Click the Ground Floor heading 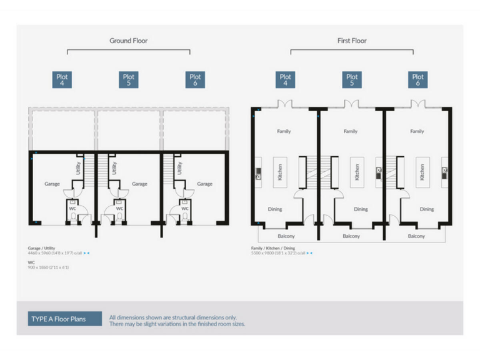pos(129,41)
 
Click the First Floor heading pos(351,41)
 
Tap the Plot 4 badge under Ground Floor pos(62,79)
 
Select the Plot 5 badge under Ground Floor pos(129,79)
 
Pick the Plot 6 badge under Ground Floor pos(195,79)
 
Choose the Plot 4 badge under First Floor pos(285,79)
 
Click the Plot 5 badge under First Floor pos(352,79)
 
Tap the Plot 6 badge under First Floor pos(417,79)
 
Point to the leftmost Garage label pos(52,184)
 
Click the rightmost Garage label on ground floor pos(204,184)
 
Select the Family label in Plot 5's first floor pos(351,132)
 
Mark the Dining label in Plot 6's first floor pos(426,209)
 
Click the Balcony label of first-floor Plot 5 pos(351,236)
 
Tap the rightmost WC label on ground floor pos(185,209)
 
